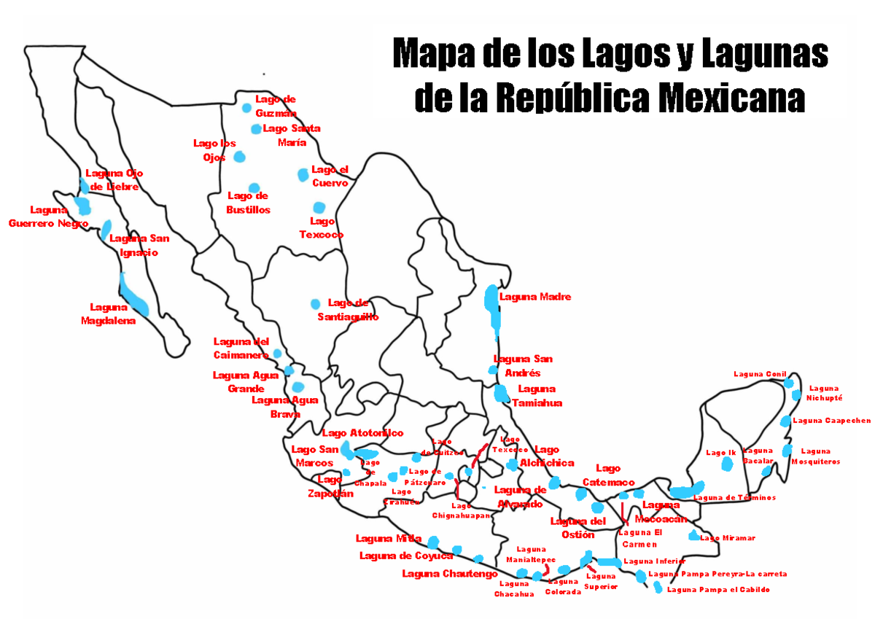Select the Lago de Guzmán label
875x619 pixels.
coord(276,106)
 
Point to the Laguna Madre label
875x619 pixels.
coord(534,297)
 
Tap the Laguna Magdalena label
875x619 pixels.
coord(109,314)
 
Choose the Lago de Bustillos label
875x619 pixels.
coord(248,203)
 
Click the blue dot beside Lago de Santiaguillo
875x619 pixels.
coord(315,303)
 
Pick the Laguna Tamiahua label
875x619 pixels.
coord(537,395)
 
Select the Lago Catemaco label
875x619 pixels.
coord(608,475)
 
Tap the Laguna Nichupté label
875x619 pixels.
coord(824,393)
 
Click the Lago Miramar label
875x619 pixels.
coord(728,538)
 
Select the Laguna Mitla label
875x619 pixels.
coord(389,539)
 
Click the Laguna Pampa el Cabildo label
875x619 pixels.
coord(717,589)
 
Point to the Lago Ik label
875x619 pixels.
coord(721,453)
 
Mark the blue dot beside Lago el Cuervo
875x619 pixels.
coord(303,174)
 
